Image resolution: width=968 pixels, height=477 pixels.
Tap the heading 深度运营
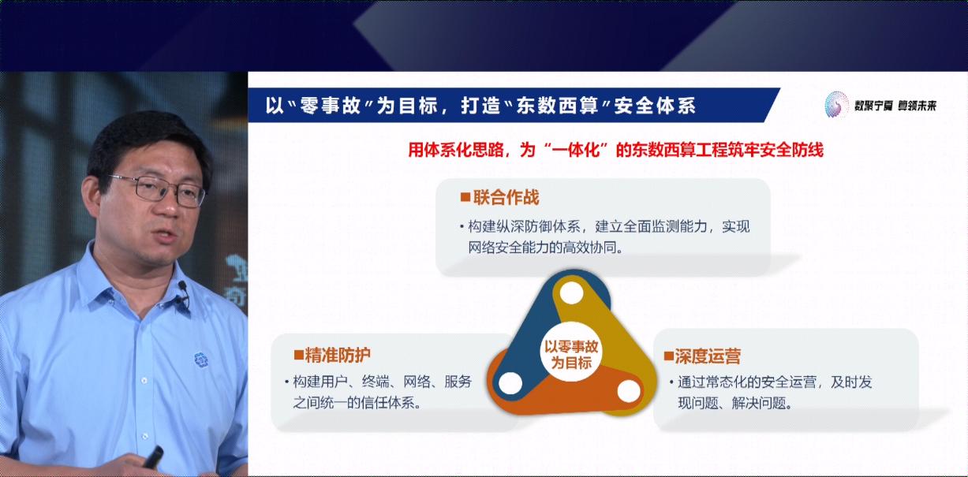[708, 356]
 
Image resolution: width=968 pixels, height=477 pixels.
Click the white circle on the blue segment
[510, 384]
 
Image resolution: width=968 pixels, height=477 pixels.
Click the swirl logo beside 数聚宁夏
[835, 105]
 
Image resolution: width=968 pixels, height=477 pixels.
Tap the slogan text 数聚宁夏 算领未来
[895, 106]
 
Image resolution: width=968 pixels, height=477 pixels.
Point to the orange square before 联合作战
[465, 197]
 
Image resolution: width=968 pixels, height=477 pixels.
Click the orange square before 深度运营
[667, 356]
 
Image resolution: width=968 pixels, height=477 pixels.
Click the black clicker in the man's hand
[151, 457]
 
